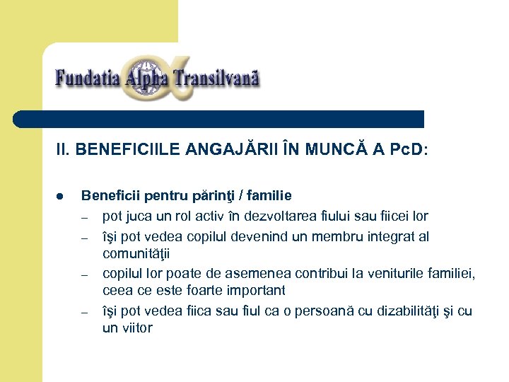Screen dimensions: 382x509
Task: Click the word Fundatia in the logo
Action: coord(86,77)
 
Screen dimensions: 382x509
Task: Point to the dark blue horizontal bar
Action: coord(219,119)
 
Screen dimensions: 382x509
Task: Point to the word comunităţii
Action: coord(136,253)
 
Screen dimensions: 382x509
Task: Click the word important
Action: coord(250,291)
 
